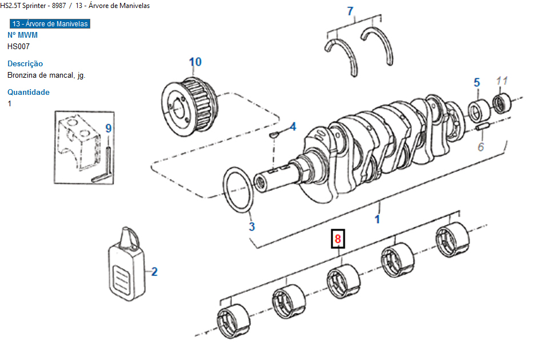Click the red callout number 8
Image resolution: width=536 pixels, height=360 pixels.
pos(338,239)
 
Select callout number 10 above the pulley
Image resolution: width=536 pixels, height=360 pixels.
pos(195,62)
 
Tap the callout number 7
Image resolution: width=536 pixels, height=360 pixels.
pos(350,11)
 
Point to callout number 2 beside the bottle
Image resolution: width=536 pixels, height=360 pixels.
pos(154,271)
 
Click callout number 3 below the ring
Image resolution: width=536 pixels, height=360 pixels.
pos(251,226)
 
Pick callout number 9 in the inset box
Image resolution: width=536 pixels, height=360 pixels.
pos(109,129)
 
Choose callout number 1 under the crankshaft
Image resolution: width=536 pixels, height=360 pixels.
pos(377,218)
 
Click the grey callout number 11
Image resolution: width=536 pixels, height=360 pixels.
pos(502,81)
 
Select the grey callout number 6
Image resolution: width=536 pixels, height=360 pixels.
pos(481,147)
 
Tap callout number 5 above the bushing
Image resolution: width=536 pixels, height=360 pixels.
pos(477,83)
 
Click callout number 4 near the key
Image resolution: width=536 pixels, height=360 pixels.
pos(292,126)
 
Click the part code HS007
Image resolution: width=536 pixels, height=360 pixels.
pos(18,46)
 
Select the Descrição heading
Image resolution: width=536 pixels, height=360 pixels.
pos(25,64)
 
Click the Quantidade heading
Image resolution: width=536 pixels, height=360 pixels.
pos(29,92)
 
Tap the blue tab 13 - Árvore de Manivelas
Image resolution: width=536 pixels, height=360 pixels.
pos(50,24)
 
